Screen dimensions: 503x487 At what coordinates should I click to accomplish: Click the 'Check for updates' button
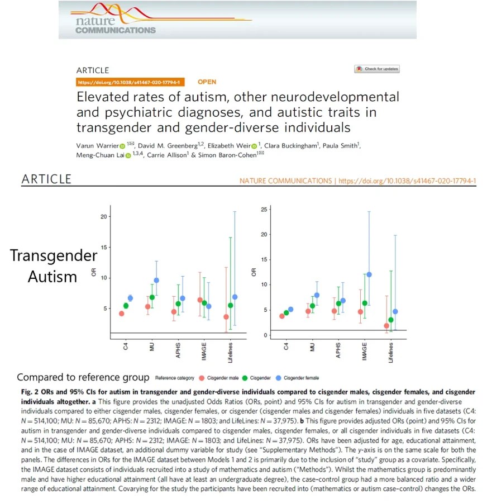377,69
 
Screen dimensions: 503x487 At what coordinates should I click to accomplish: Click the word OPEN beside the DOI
207,82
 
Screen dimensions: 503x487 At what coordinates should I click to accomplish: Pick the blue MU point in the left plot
156,280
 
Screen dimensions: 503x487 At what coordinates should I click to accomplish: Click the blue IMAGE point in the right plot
369,274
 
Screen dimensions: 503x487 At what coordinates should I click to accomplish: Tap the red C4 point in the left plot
122,314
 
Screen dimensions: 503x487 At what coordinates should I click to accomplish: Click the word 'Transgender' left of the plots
54,256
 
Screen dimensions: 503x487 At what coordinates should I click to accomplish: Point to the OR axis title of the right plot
254,273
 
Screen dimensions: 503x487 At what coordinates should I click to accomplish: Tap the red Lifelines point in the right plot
386,326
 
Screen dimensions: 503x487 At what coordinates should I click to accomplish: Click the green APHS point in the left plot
178,303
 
